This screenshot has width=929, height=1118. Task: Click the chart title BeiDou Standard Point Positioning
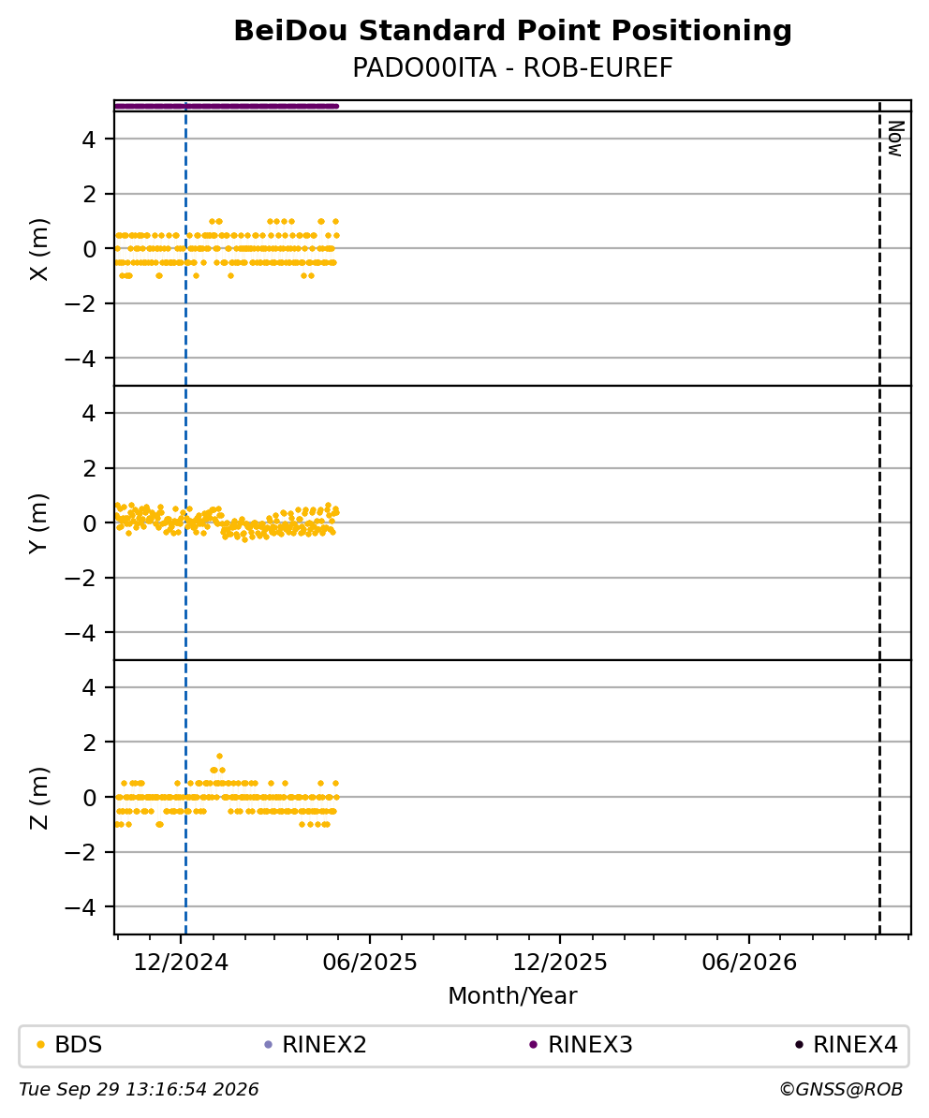tap(512, 31)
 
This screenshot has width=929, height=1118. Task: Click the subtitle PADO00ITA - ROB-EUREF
tap(512, 67)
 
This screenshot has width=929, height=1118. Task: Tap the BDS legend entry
tap(70, 1045)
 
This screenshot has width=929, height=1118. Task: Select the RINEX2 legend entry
tap(316, 1045)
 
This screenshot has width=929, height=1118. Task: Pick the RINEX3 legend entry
tap(581, 1045)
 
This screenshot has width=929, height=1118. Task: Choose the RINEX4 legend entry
tap(847, 1045)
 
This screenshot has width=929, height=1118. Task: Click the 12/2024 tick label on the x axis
tap(181, 963)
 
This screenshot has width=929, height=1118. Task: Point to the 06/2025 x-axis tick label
tap(369, 963)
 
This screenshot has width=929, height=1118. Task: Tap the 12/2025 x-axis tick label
tap(560, 963)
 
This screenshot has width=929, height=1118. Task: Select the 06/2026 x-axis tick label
tap(749, 963)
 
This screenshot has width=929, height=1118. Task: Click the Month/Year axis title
tap(512, 995)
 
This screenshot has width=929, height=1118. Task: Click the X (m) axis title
tap(39, 249)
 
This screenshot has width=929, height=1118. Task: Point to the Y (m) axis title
tap(39, 523)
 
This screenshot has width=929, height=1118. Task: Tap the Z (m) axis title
tap(39, 798)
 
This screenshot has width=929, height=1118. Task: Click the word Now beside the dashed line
tap(896, 139)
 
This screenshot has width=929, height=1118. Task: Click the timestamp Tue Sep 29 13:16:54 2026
tap(139, 1090)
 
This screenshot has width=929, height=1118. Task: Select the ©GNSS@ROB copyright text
tap(841, 1090)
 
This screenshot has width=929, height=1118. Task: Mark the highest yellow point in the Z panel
tap(219, 756)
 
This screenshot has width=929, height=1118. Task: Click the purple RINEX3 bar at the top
tap(226, 106)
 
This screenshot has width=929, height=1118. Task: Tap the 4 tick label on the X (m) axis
tap(88, 139)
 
